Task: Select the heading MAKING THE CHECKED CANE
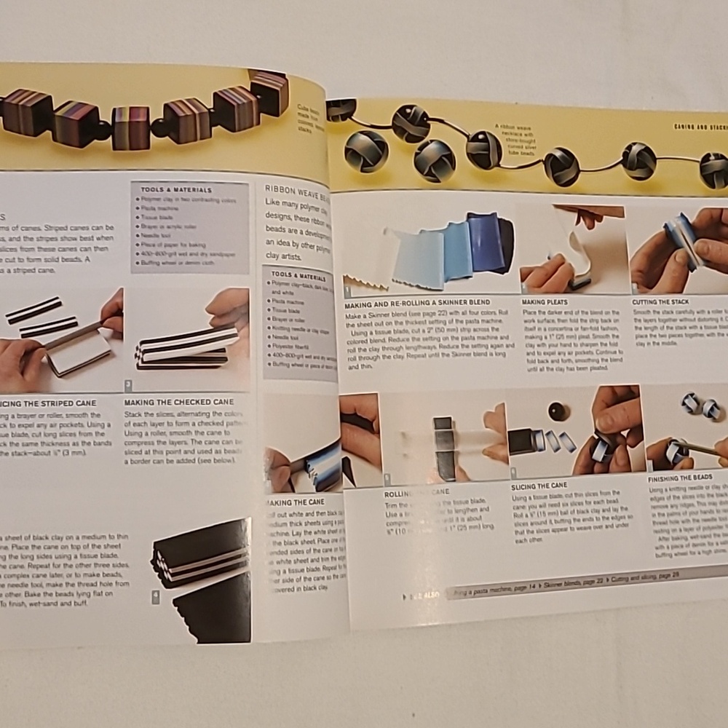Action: coord(178,401)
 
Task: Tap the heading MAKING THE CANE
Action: coord(295,502)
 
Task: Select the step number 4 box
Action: coord(155,597)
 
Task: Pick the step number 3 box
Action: coord(128,385)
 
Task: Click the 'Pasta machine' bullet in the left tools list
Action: coord(162,206)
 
